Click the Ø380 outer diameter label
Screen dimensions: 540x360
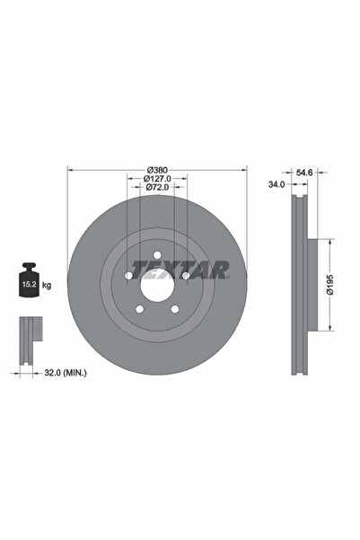(157, 168)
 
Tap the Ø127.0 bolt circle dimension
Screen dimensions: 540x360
(157, 178)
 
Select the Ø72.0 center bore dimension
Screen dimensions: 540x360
(157, 188)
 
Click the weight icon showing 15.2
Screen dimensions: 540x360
(29, 283)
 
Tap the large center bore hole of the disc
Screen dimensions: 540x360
(157, 285)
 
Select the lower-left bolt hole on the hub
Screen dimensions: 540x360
(139, 309)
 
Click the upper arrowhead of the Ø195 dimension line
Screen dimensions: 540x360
(334, 242)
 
